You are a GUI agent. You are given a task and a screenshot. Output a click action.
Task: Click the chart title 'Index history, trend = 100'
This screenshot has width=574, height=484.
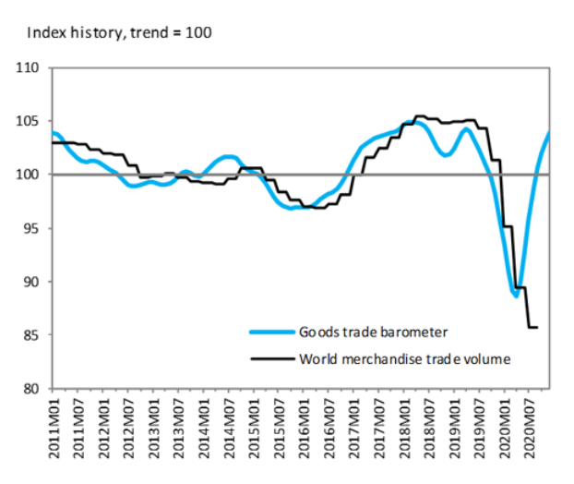(x=120, y=33)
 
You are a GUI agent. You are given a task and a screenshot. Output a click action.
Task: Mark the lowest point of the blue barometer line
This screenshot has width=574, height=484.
(x=515, y=296)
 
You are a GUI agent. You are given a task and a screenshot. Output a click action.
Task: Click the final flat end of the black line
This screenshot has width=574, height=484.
(x=532, y=327)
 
